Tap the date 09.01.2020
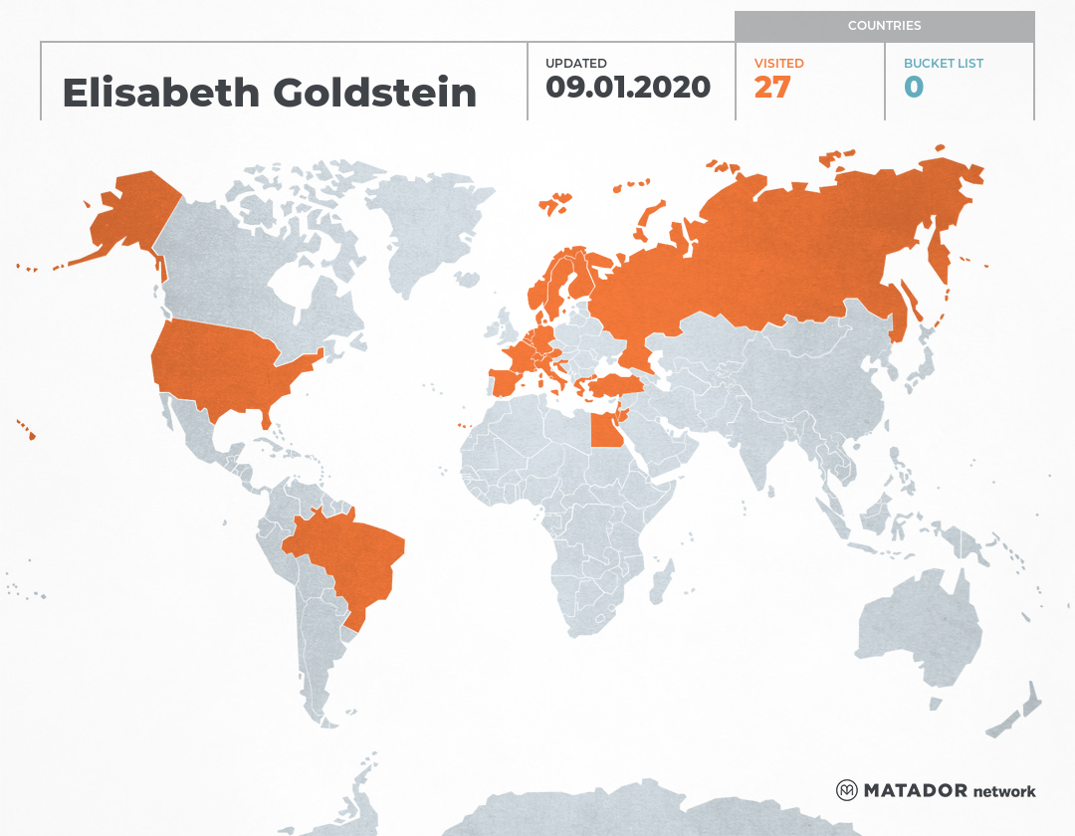point(628,88)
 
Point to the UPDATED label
point(575,64)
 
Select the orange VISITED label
point(778,64)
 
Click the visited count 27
point(771,88)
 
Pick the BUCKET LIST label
point(943,64)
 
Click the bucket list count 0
point(914,88)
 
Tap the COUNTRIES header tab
point(884,26)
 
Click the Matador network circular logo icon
point(846,791)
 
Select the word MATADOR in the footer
point(915,791)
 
